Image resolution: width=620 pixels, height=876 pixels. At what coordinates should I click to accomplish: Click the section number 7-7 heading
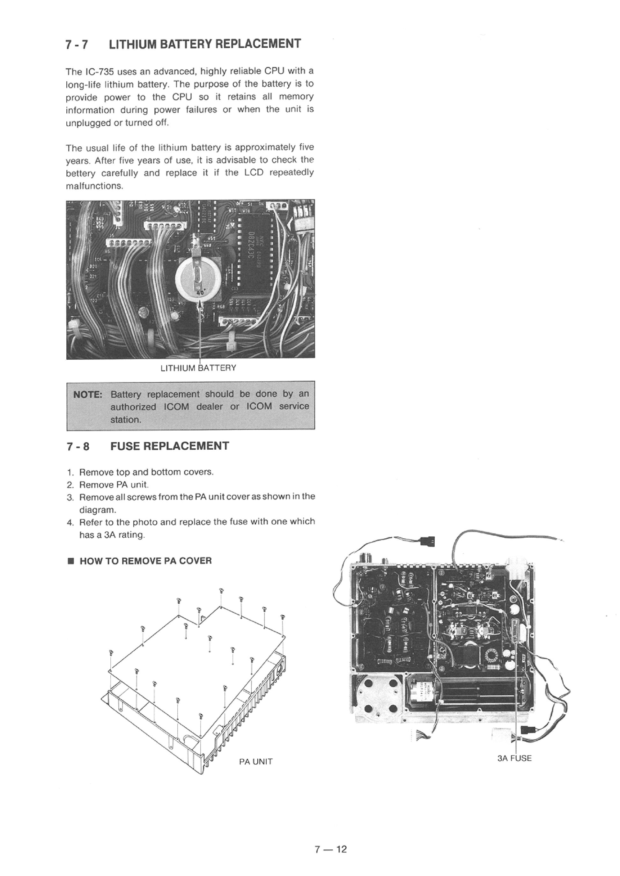77,45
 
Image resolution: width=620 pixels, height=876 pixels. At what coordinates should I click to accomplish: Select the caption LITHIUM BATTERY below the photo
198,368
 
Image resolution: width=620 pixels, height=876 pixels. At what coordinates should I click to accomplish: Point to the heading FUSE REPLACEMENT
169,446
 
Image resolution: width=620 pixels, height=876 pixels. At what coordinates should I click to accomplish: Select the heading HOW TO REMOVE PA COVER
145,561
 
